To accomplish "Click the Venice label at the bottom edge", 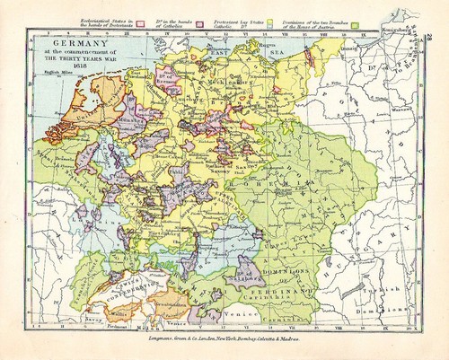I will pyautogui.click(x=236, y=316).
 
